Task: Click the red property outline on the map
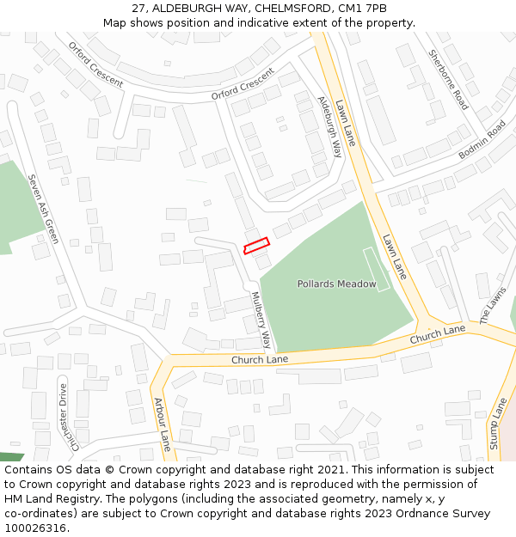point(256,246)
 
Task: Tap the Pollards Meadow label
point(336,284)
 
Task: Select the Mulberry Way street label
point(261,320)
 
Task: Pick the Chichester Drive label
point(68,417)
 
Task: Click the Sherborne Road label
point(449,80)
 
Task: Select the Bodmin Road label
point(482,140)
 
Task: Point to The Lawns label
point(493,305)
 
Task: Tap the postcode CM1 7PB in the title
point(363,8)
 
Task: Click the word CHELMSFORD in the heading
point(294,8)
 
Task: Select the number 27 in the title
point(139,8)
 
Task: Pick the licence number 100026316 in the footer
point(35,528)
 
